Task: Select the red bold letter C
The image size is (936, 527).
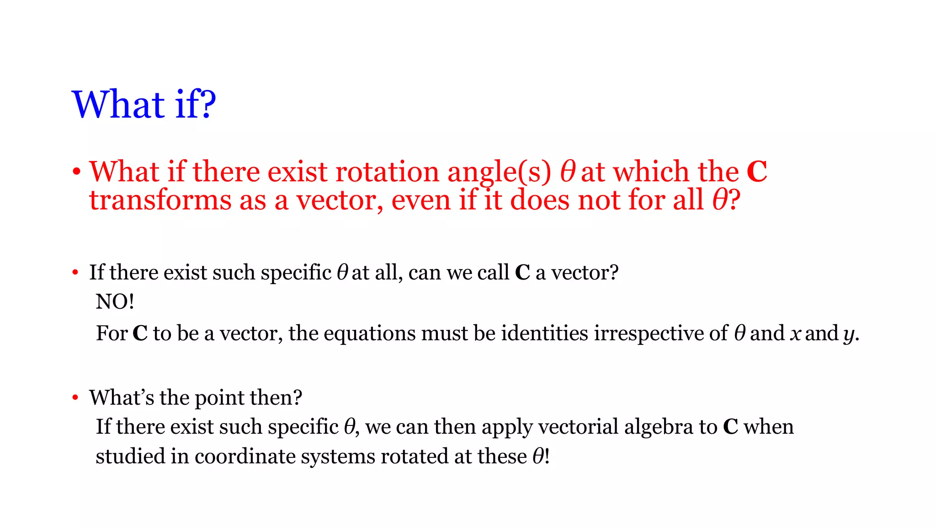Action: (x=756, y=172)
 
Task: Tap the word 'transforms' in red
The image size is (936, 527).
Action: (x=160, y=200)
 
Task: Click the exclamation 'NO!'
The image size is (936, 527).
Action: (x=115, y=302)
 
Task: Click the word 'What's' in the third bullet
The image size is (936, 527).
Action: (x=122, y=398)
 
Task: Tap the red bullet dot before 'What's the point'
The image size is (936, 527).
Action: (x=75, y=398)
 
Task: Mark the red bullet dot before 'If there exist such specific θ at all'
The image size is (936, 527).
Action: (x=75, y=273)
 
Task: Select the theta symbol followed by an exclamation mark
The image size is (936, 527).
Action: (x=538, y=456)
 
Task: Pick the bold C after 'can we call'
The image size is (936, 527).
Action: (x=522, y=273)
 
